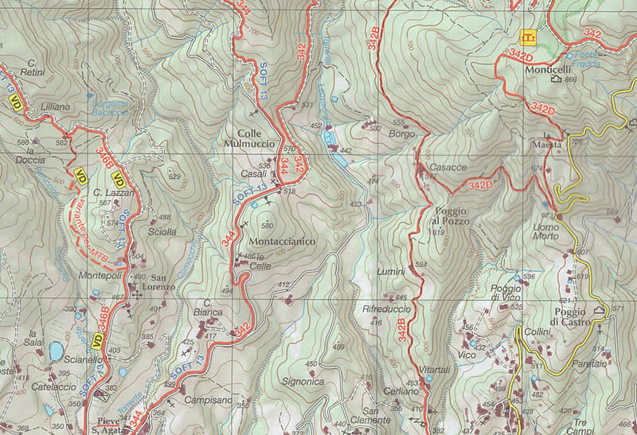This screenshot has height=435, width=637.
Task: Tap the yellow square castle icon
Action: click(x=528, y=37)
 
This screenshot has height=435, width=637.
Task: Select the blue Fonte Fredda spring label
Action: click(x=589, y=60)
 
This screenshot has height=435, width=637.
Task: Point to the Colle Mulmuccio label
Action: click(x=255, y=138)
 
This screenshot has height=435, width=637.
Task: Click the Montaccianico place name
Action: click(x=282, y=241)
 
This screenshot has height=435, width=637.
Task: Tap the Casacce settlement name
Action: click(x=447, y=167)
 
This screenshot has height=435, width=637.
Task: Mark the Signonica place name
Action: click(x=303, y=381)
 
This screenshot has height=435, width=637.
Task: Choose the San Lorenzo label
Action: click(x=158, y=282)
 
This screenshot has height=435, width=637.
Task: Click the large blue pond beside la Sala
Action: click(x=57, y=350)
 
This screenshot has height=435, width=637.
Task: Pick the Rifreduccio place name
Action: click(x=386, y=308)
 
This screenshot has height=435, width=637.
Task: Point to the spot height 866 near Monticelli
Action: click(x=569, y=80)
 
